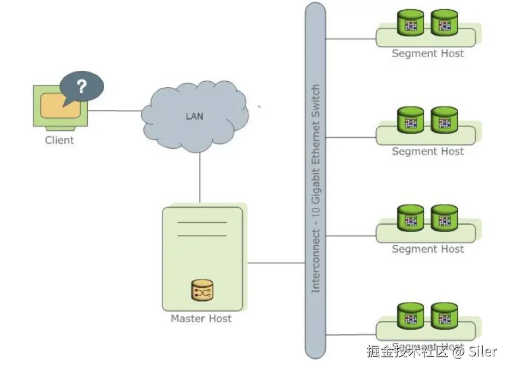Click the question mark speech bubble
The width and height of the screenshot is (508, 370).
pyautogui.click(x=81, y=87)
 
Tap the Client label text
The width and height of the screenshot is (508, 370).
pyautogui.click(x=59, y=140)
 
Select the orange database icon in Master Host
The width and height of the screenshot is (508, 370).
pyautogui.click(x=202, y=291)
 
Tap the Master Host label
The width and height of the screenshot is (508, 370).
pyautogui.click(x=201, y=319)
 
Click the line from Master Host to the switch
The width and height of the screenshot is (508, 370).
pyautogui.click(x=276, y=263)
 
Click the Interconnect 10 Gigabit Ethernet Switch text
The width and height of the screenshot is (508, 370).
pyautogui.click(x=315, y=188)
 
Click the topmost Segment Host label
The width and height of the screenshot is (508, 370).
pyautogui.click(x=428, y=53)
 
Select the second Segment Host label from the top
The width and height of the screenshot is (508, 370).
pyautogui.click(x=428, y=151)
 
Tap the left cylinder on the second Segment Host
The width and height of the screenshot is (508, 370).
pyautogui.click(x=410, y=120)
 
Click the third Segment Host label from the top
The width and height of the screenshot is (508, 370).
pyautogui.click(x=428, y=249)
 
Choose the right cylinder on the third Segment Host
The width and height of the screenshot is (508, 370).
pyautogui.click(x=444, y=218)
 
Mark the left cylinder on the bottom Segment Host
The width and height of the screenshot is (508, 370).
pyautogui.click(x=410, y=316)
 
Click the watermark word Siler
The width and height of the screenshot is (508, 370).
pyautogui.click(x=483, y=351)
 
